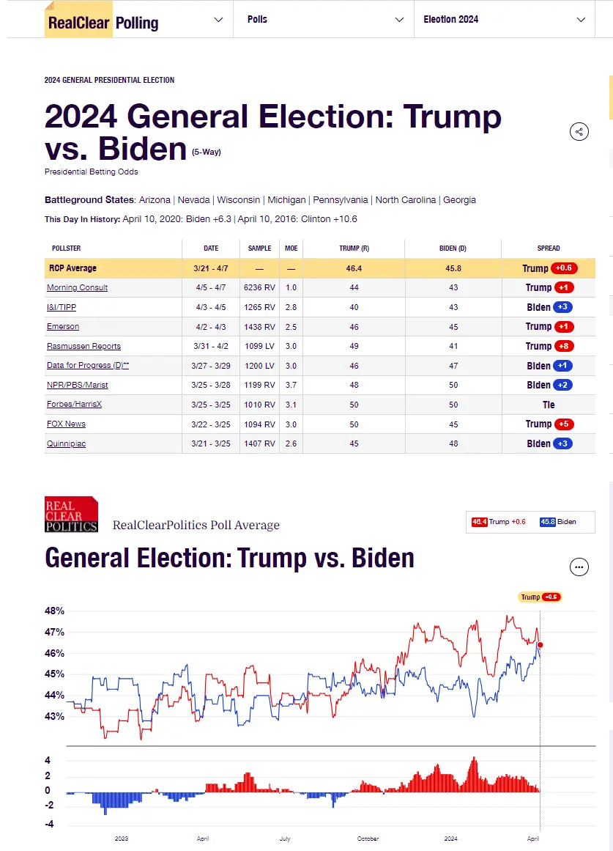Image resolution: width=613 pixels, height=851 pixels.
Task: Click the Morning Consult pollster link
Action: coord(77,287)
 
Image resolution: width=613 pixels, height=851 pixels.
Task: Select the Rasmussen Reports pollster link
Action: coord(83,346)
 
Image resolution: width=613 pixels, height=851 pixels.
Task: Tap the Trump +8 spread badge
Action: coord(563,346)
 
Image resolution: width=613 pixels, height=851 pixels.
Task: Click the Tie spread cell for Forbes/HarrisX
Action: coord(549,405)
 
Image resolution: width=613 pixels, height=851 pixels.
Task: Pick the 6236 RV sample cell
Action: coord(259,287)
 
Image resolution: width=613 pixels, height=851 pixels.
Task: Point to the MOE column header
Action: coord(291,248)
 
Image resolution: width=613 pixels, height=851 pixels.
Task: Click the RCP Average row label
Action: coord(73,268)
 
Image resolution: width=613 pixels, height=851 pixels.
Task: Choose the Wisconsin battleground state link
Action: coord(239,200)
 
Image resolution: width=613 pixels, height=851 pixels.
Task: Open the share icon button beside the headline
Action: coord(579,132)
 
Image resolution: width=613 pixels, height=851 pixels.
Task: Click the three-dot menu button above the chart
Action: coord(579,567)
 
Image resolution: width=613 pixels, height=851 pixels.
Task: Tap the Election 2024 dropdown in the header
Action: coord(506,20)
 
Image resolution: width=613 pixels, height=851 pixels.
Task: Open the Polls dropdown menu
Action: coord(322,20)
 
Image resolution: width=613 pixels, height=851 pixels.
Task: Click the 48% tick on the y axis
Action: coord(56,611)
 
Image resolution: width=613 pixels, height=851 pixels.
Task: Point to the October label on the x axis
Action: coord(368,839)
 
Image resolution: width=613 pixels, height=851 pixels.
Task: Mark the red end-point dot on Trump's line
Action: coord(540,645)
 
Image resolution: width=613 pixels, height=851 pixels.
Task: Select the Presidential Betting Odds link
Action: coord(91,172)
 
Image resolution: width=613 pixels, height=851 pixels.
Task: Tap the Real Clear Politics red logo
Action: coord(71,514)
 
